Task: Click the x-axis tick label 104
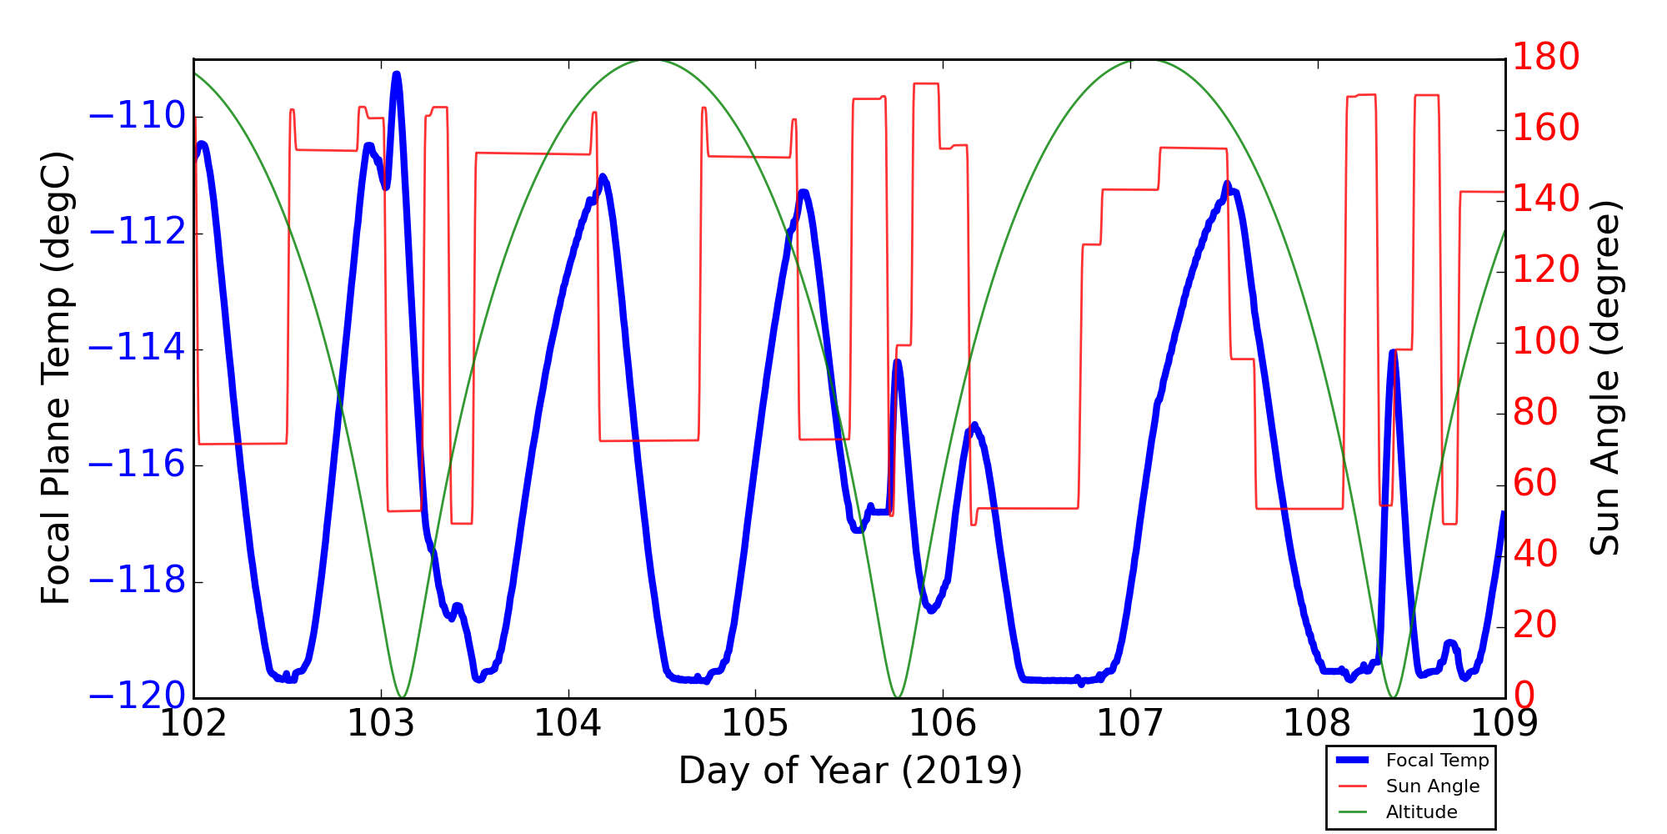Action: click(568, 724)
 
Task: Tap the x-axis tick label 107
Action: click(1129, 724)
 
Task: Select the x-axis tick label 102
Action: click(193, 724)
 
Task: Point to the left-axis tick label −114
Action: click(137, 349)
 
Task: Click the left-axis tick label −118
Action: click(137, 581)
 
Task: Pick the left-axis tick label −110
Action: click(137, 116)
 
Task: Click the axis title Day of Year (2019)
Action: click(849, 771)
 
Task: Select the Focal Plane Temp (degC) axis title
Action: click(56, 378)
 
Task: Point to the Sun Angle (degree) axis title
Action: click(1604, 378)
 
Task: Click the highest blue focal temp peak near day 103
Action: click(397, 75)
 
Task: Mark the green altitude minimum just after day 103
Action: click(402, 696)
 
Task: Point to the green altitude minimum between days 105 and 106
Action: click(898, 696)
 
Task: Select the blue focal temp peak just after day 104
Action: click(603, 177)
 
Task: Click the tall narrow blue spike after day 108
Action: click(1393, 352)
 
